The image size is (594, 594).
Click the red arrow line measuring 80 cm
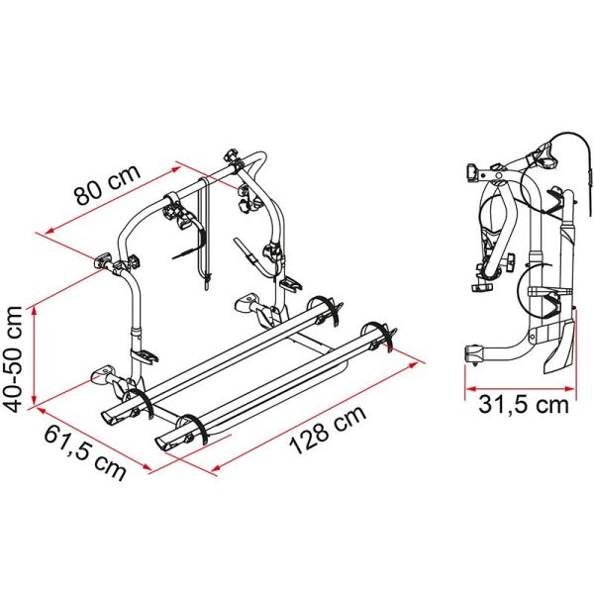(x=139, y=197)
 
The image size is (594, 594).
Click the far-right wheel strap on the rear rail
(x=378, y=335)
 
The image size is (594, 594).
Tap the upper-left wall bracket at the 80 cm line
(x=104, y=262)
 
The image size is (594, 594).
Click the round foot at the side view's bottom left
(x=474, y=353)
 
